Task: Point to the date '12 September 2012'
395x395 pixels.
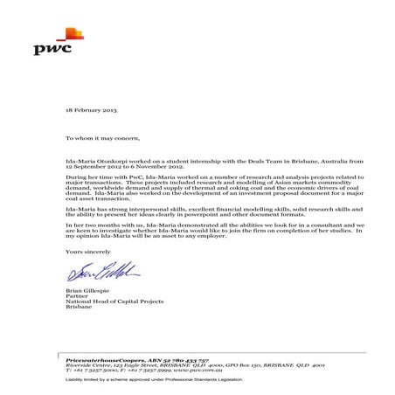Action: tap(92, 167)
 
